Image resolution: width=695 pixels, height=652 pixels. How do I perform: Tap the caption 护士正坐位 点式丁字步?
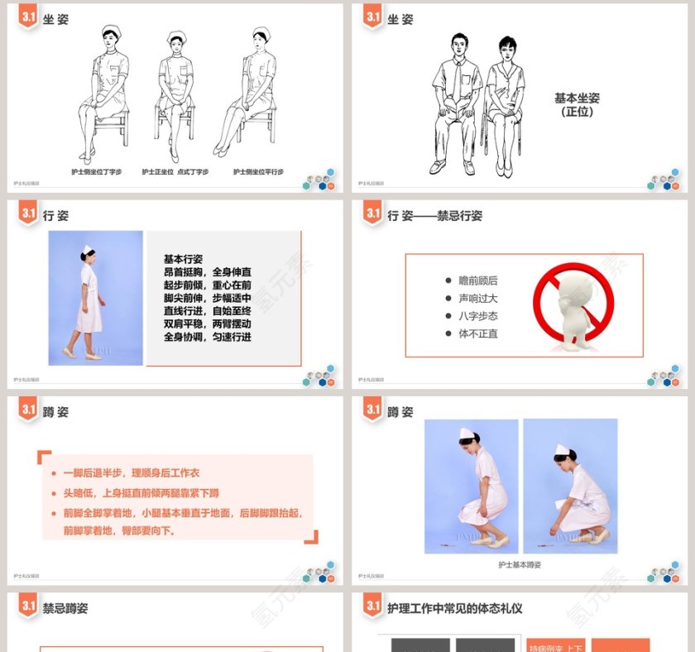coord(175,172)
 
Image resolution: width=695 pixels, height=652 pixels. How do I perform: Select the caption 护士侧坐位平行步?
coord(258,172)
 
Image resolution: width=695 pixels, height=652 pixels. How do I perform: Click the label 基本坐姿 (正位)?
coord(577,104)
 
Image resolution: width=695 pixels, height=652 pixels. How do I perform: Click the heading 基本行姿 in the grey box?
coord(183,259)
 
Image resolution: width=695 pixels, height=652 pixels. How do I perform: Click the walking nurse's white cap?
coord(87,248)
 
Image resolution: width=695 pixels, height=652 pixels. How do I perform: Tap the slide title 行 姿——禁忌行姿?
coord(434,216)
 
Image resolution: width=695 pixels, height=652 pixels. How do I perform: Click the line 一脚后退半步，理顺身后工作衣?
coord(131,473)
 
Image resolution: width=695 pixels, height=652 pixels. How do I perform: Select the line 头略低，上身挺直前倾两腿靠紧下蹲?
coord(141,493)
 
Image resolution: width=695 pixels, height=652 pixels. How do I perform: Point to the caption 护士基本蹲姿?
coord(520,564)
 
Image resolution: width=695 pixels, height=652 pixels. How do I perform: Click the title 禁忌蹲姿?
coord(65,608)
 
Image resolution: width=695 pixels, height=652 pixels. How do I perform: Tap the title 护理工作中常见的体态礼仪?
coord(454,608)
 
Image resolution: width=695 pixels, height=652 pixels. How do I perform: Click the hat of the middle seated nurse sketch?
coord(175,37)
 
